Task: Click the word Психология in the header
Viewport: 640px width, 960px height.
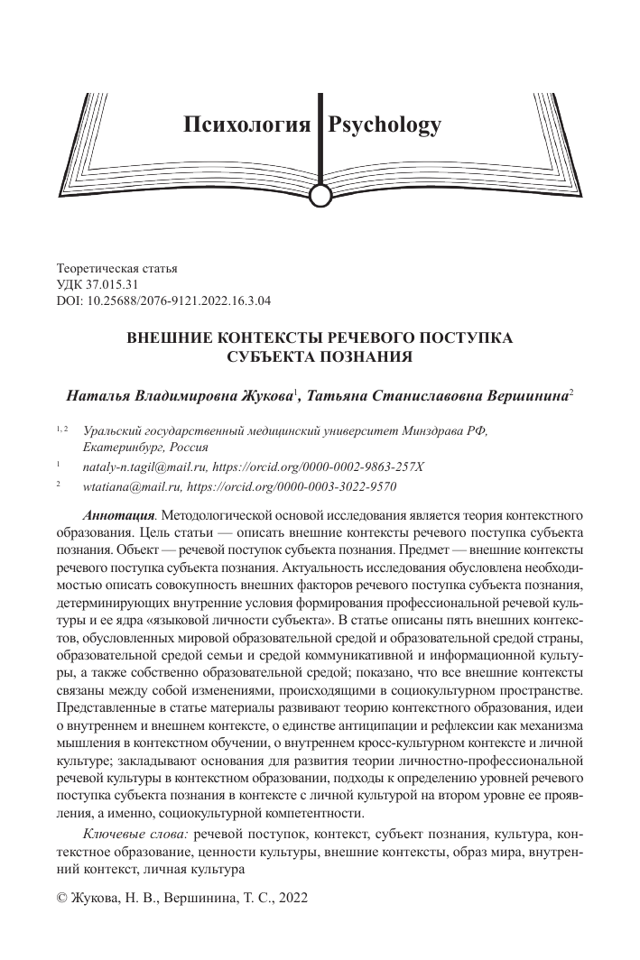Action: [x=246, y=125]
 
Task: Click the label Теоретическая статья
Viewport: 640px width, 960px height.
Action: [x=117, y=268]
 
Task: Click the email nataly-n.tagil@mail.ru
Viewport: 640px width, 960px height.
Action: [x=144, y=466]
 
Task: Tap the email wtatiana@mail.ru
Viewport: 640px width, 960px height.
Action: [x=128, y=486]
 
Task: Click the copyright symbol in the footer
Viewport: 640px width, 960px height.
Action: [x=62, y=900]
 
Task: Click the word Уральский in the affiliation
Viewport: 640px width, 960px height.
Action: [x=116, y=430]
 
